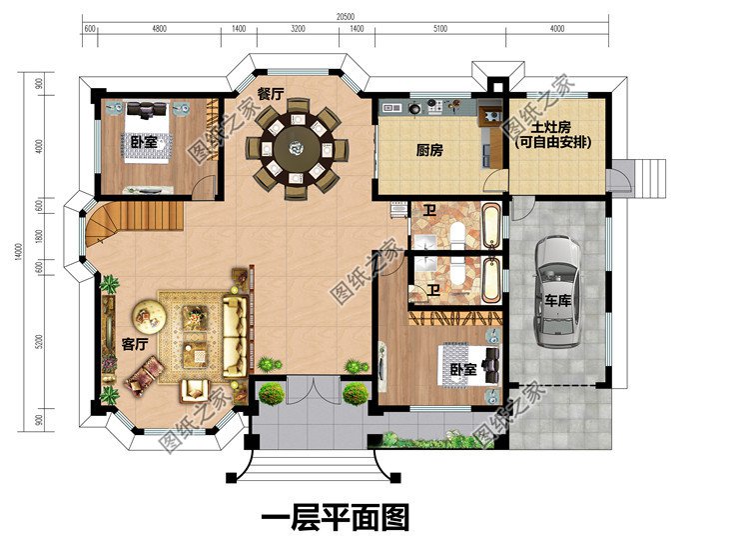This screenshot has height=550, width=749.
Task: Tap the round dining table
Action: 298,150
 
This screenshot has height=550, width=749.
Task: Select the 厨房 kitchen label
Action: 428,150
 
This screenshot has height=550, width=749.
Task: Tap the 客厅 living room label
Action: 134,344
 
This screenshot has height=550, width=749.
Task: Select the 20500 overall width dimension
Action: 346,17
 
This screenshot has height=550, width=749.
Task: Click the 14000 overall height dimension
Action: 18,255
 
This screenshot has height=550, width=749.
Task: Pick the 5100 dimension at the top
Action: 440,29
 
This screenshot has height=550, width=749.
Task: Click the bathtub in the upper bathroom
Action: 489,225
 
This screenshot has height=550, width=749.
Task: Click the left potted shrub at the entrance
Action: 271,393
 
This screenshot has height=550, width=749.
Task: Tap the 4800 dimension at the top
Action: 159,29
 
